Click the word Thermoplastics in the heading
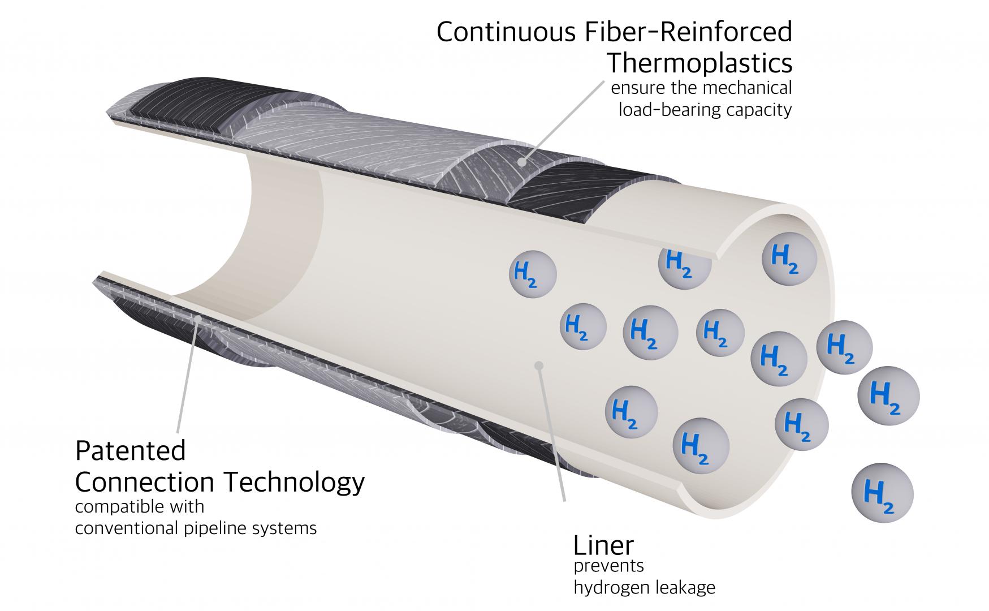(699, 63)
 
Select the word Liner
(603, 545)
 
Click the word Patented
(131, 451)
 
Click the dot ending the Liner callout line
(539, 365)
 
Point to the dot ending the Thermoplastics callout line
(523, 162)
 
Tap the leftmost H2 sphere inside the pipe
(533, 274)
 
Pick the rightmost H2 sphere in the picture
(888, 395)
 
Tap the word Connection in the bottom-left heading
(145, 482)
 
